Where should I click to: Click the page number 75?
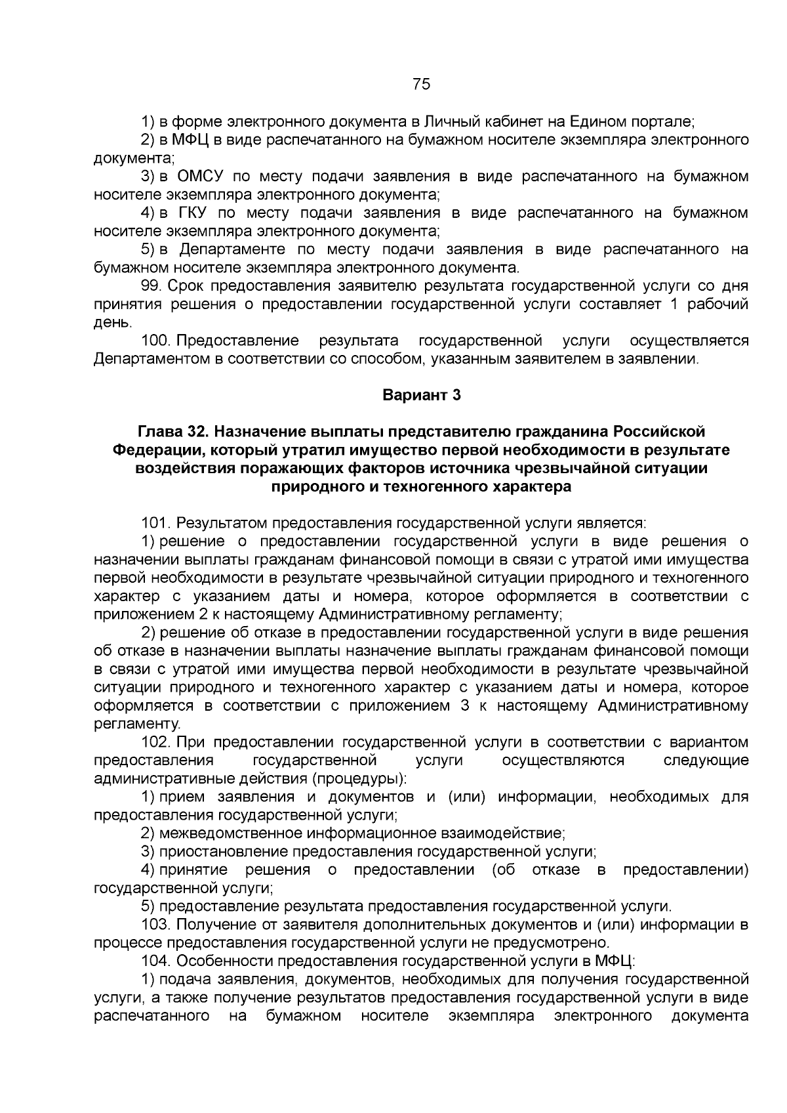[421, 84]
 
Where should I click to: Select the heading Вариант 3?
[421, 396]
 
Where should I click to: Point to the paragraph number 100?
[156, 341]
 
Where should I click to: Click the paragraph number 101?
[156, 523]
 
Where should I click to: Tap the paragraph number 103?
[156, 925]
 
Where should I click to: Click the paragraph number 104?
[156, 961]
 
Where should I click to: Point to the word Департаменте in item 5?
[232, 250]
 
